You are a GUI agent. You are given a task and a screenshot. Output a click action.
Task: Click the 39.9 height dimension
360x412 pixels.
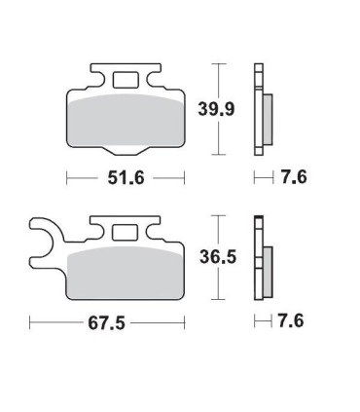click(216, 109)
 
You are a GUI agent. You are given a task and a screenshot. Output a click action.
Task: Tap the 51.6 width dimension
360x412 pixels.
click(126, 177)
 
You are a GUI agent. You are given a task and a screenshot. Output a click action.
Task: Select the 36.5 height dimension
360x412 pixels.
click(218, 257)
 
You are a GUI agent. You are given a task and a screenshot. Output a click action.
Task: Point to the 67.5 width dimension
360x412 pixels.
click(107, 323)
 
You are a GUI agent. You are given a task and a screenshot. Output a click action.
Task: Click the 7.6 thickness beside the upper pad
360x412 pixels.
click(294, 177)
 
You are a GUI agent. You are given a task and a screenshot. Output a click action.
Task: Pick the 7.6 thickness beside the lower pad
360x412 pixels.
click(291, 321)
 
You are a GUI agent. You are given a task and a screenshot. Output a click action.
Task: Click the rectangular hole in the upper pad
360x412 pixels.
click(126, 80)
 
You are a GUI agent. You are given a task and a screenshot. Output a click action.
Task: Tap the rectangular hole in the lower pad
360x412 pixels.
click(126, 233)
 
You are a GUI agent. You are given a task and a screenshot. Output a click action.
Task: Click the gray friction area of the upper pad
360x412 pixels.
click(126, 121)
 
